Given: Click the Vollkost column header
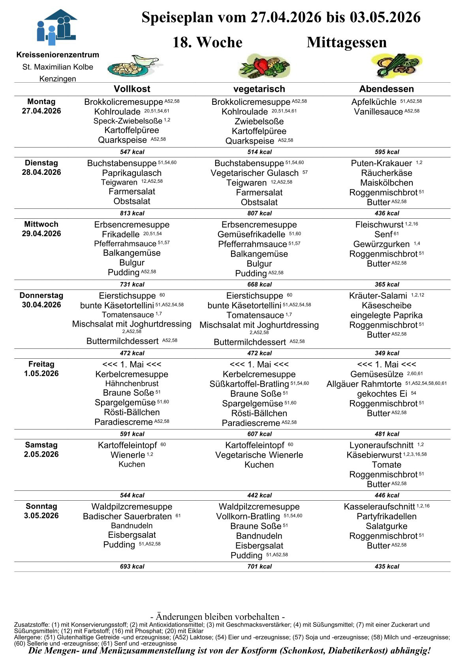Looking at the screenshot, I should coord(132,89).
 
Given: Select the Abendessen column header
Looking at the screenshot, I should coord(386,89).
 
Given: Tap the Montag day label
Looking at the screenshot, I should coord(41,102).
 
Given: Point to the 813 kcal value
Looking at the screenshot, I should coord(132,214).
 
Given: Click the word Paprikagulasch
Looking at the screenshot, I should coord(132,173).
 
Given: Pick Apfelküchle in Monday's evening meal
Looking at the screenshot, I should coord(374,102).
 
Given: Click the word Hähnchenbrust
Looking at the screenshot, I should coord(132,384).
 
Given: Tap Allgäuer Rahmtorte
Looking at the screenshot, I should coord(364,384).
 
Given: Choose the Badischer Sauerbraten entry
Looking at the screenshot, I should coord(127,517).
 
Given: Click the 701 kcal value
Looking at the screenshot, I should coord(259,567).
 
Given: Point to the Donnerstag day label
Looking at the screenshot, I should coord(41,295).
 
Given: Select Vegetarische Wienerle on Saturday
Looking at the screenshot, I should coord(259,455).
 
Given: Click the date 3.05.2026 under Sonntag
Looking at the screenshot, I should coord(41,516).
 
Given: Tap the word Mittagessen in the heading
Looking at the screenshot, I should coord(346,42).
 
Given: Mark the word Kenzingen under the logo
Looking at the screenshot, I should coord(58,79).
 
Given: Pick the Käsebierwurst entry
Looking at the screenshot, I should coord(374,455).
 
